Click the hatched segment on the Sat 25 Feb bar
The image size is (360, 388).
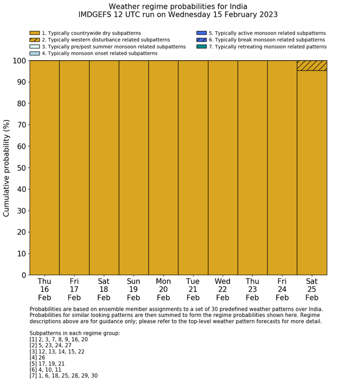click(x=312, y=65)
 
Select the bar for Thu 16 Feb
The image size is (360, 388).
click(x=44, y=168)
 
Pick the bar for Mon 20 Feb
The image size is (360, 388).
click(x=164, y=168)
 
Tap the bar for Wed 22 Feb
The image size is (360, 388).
click(x=223, y=168)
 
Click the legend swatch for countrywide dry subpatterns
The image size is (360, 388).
click(x=34, y=33)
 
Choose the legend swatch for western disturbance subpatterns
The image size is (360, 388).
click(x=34, y=40)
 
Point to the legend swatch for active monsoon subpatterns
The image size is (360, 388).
click(x=202, y=33)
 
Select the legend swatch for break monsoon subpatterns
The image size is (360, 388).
click(x=202, y=40)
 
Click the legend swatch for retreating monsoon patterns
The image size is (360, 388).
click(x=202, y=47)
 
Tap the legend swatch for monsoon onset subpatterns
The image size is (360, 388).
click(x=34, y=54)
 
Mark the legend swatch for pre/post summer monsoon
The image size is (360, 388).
click(x=34, y=47)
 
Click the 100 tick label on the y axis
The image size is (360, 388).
click(x=19, y=61)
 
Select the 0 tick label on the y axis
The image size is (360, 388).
click(x=24, y=275)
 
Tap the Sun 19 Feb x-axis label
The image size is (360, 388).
click(x=134, y=289)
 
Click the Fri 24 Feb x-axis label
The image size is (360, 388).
click(x=282, y=289)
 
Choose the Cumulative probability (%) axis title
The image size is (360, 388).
click(x=7, y=168)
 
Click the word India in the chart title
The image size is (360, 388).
click(x=237, y=7)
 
